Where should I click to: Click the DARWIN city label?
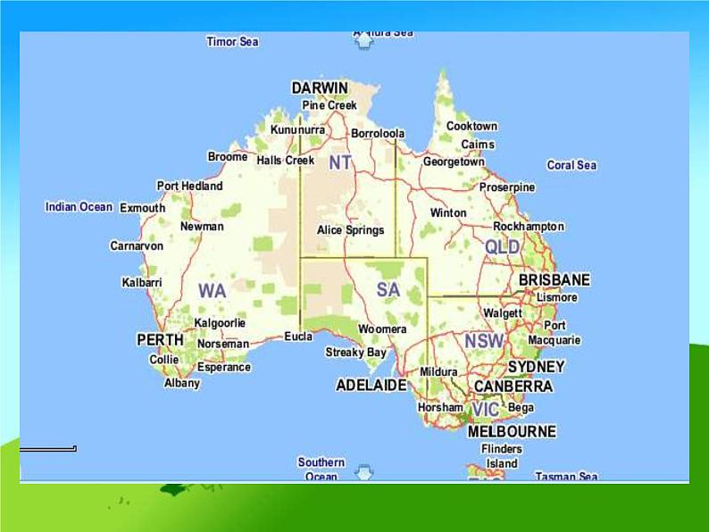[320, 87]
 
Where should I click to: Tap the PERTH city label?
[160, 340]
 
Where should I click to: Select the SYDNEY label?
[536, 367]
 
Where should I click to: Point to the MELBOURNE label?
[512, 431]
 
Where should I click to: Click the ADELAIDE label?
[371, 386]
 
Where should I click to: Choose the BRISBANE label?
[554, 279]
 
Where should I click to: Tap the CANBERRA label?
[513, 387]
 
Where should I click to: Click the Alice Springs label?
[350, 230]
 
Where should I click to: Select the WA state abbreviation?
[212, 291]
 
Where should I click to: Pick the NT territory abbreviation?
[340, 162]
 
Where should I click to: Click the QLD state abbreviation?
[502, 246]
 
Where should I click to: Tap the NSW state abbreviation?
[483, 341]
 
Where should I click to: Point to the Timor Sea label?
[232, 42]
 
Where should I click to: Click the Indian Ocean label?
[79, 207]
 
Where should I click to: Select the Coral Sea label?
[571, 165]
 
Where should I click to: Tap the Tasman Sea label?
[566, 477]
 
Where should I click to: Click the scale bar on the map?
[48, 449]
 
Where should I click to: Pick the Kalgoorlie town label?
[220, 323]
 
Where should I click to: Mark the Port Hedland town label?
[189, 186]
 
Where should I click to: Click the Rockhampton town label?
[529, 227]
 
